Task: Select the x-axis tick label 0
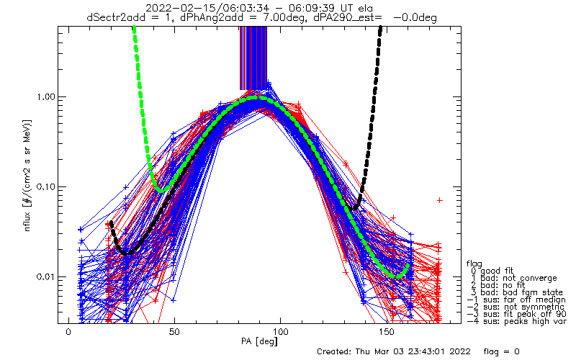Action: point(68,332)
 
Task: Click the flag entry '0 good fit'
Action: point(496,270)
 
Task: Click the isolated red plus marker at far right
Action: point(439,199)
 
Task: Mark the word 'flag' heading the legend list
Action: point(475,263)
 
